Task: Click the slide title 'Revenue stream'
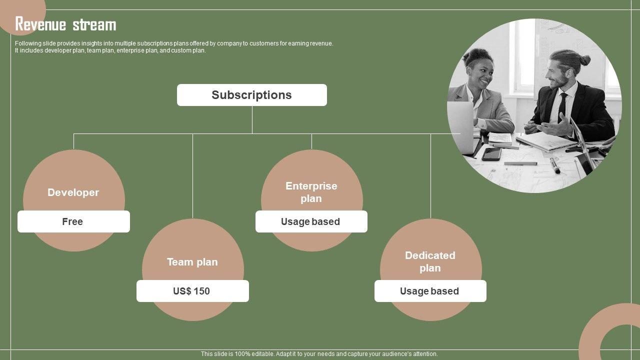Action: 65,24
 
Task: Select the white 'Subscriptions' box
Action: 252,95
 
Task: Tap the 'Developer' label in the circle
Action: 73,192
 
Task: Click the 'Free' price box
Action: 73,221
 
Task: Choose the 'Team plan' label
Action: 192,262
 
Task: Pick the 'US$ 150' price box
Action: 192,291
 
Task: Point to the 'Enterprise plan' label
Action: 311,192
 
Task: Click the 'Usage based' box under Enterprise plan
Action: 311,221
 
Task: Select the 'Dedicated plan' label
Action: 430,261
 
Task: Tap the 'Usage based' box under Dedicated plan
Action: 430,291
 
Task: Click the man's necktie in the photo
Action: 563,106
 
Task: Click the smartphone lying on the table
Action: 491,153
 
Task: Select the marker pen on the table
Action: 555,165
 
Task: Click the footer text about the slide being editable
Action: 319,354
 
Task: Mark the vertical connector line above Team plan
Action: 193,175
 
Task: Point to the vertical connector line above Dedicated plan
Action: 431,175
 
